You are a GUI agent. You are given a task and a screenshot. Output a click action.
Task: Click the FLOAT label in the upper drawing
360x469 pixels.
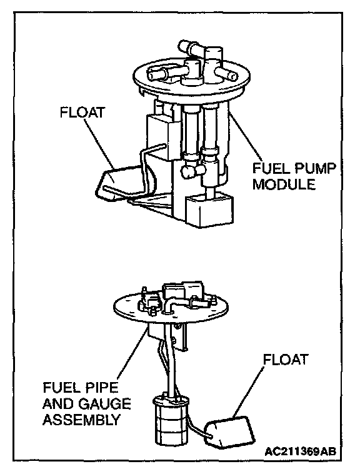click(82, 113)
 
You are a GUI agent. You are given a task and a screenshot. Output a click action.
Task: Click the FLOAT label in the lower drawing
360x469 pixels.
click(286, 359)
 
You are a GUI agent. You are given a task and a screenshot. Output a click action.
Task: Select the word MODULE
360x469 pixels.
click(284, 184)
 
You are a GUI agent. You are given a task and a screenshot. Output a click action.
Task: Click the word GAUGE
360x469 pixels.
click(104, 403)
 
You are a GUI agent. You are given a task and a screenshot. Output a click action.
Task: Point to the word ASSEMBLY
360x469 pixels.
click(81, 420)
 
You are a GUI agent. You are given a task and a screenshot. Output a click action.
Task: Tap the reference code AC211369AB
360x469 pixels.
click(300, 451)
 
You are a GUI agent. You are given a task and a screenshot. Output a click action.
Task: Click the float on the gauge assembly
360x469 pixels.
click(230, 430)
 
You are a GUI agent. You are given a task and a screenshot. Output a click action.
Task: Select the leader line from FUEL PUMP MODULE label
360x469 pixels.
click(246, 136)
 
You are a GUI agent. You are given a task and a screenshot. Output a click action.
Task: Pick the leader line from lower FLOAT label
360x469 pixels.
click(249, 391)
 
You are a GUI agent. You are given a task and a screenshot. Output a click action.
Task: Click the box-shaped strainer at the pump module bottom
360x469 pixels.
click(209, 210)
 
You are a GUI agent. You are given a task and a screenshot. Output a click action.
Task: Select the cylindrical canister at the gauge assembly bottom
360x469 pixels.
click(171, 422)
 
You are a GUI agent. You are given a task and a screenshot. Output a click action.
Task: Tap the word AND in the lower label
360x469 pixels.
click(59, 403)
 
